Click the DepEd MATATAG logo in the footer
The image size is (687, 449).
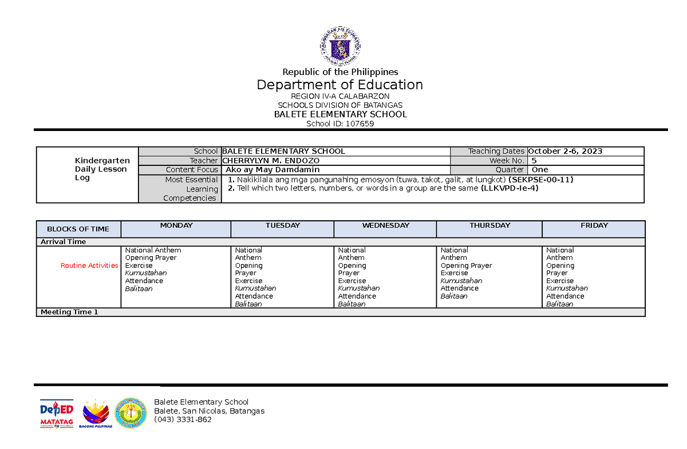[57, 412]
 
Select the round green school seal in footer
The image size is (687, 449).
[131, 412]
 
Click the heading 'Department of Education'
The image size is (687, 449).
[340, 85]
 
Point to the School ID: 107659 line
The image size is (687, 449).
[340, 124]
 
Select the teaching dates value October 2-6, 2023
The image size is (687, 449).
[566, 152]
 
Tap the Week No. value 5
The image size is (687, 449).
[534, 161]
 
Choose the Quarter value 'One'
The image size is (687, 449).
[539, 170]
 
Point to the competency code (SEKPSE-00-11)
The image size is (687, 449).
[540, 180]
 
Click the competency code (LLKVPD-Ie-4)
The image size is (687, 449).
[510, 188]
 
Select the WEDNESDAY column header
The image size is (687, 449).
[385, 226]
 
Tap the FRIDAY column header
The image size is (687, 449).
[594, 226]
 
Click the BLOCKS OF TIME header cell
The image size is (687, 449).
[78, 229]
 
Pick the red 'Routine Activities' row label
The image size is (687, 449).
[89, 266]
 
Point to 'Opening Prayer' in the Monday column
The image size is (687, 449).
[151, 258]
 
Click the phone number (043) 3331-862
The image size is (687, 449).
[183, 420]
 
